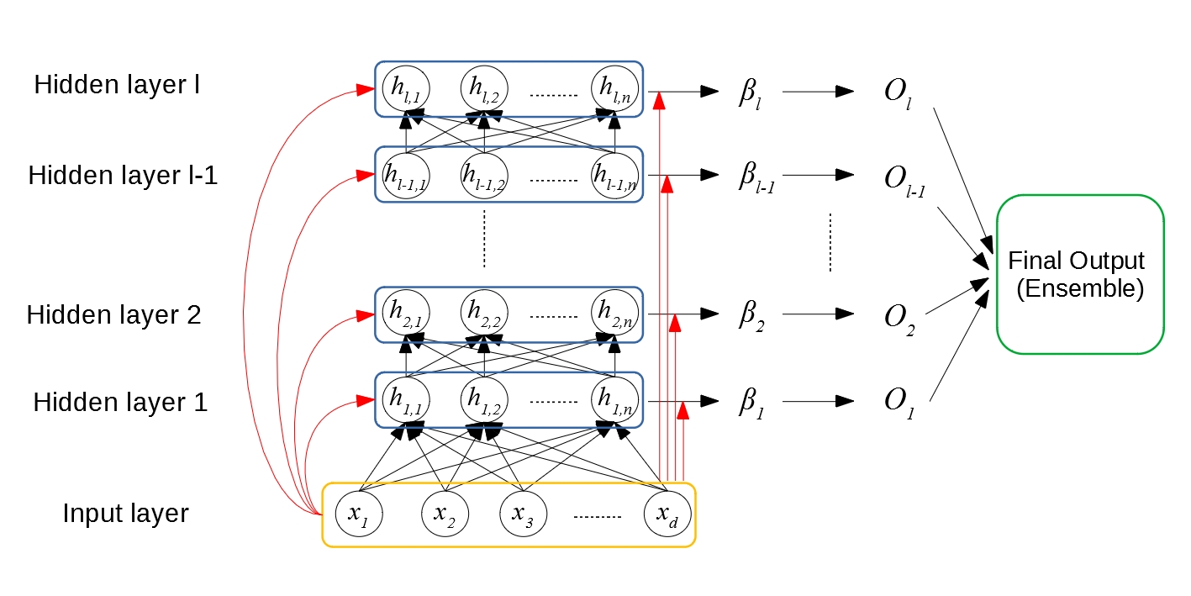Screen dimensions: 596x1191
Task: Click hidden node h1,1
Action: [405, 397]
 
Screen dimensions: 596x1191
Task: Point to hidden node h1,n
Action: [614, 397]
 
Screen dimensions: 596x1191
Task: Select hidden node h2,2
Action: [484, 313]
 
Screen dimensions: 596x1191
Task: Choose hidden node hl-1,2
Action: [484, 174]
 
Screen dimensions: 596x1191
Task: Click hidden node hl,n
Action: [614, 87]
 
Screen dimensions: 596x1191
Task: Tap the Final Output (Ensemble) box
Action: [1080, 274]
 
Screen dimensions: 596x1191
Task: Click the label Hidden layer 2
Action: [114, 315]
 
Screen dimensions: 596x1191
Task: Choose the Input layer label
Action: [126, 513]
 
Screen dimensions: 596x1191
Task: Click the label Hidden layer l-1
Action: [123, 176]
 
